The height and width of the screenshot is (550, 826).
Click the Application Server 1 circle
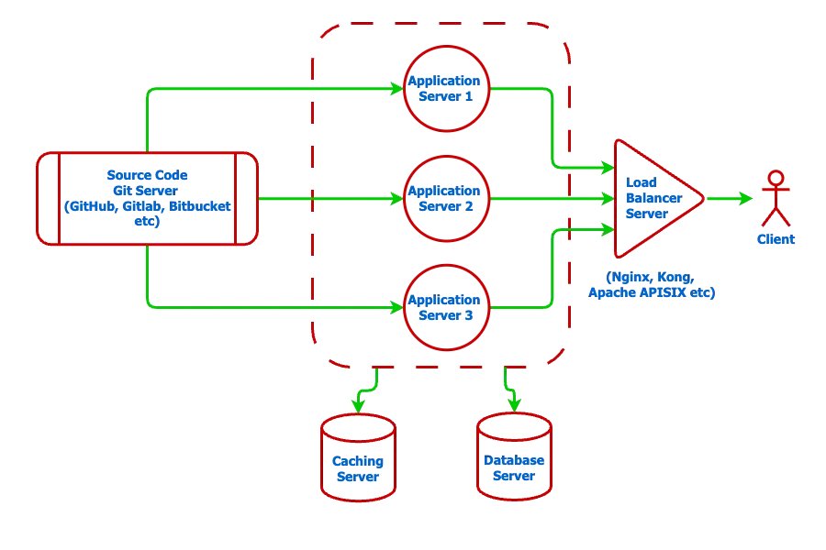click(x=445, y=88)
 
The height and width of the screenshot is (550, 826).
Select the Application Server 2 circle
click(x=445, y=198)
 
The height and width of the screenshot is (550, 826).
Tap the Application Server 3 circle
click(x=445, y=308)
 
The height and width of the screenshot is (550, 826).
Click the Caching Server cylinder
click(x=357, y=463)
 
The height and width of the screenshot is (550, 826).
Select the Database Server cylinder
click(x=514, y=463)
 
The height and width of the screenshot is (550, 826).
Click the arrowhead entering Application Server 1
click(x=397, y=88)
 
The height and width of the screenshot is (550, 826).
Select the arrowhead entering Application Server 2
click(x=397, y=198)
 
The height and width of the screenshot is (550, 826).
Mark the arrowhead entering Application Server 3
click(x=397, y=308)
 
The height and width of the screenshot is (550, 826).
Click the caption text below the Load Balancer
click(x=653, y=285)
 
